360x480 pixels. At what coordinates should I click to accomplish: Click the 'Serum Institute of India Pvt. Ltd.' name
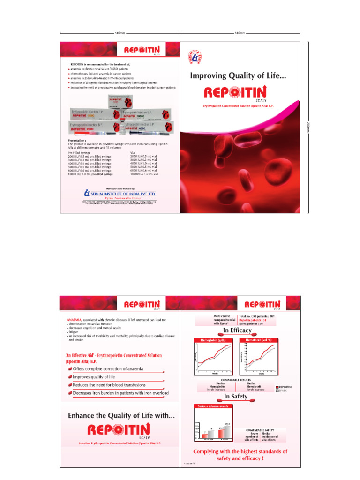[123, 193]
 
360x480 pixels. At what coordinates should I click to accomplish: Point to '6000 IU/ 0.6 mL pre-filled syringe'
[90, 170]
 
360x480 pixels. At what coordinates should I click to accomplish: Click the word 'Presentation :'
[78, 140]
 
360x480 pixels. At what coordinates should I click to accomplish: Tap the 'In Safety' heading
[239, 397]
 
